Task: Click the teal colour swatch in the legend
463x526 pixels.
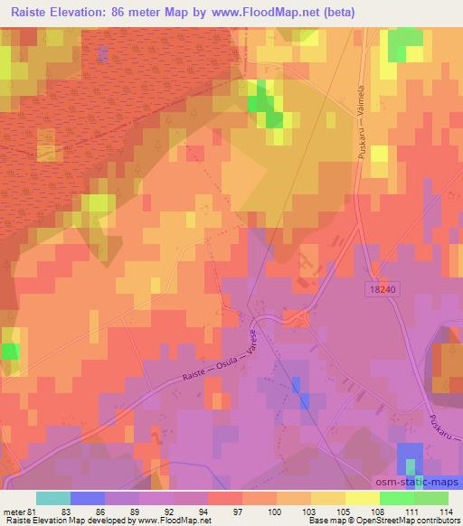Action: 52,497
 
